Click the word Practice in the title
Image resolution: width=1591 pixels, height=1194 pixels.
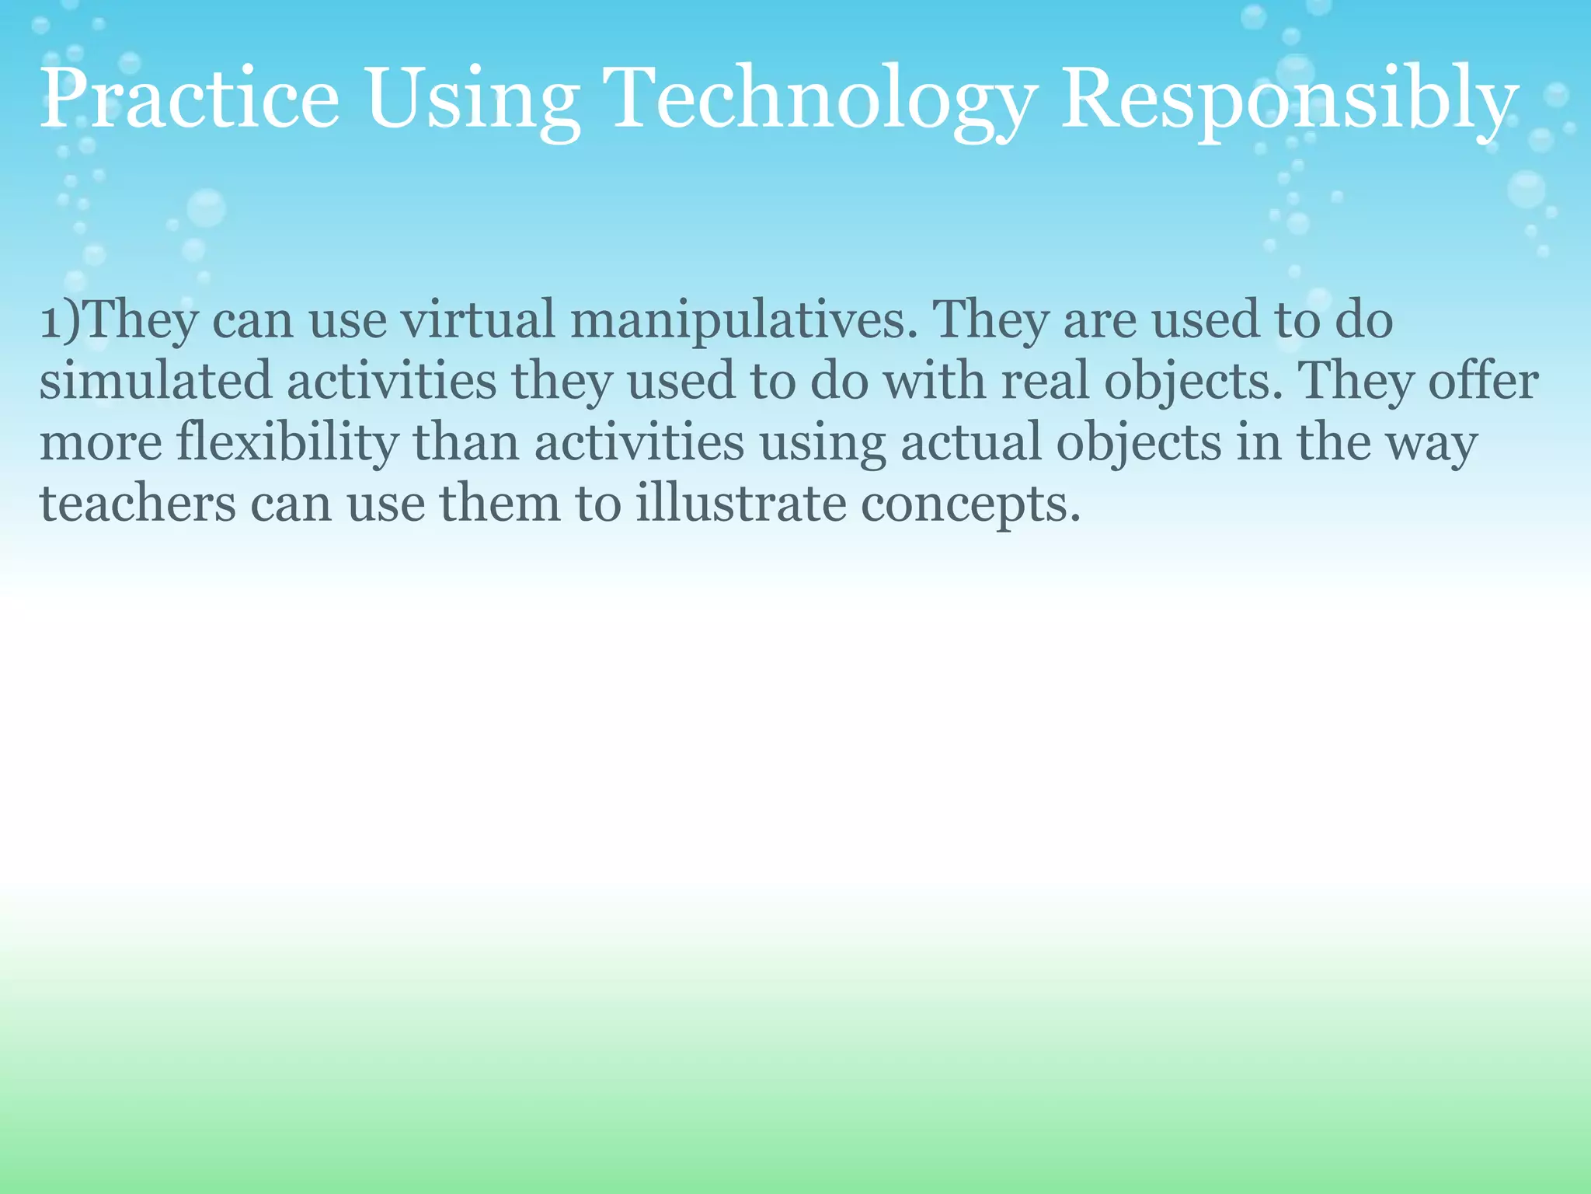coord(190,99)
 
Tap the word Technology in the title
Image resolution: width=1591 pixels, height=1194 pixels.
coord(822,99)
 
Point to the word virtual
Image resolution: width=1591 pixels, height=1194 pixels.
coord(478,319)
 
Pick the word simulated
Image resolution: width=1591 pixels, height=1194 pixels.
coord(155,381)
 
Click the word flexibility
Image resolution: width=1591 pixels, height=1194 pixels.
coord(287,443)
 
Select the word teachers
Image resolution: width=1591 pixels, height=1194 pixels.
coord(138,504)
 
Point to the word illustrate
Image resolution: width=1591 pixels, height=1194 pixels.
coord(740,504)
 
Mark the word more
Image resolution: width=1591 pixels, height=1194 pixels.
coord(101,443)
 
